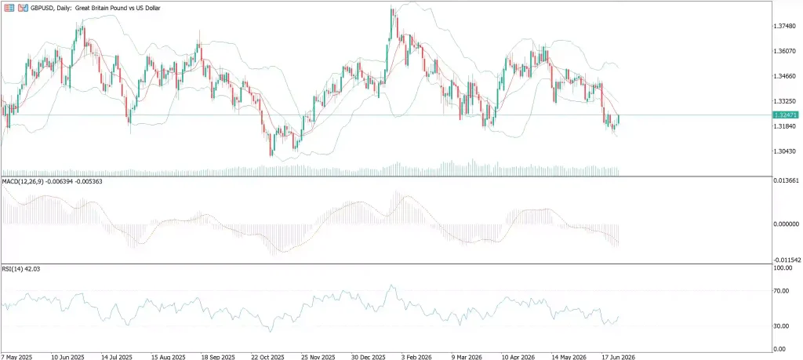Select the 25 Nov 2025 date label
tap(318, 356)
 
